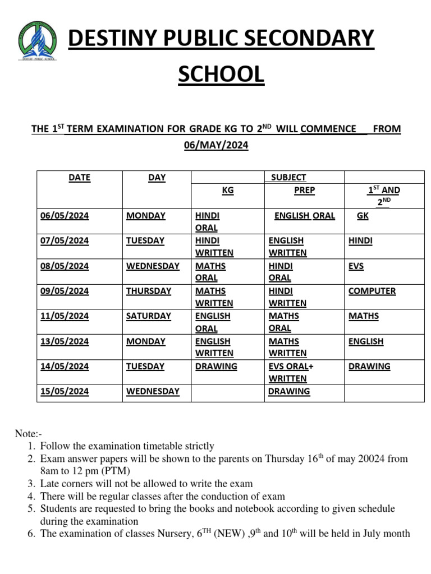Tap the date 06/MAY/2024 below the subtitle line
(216, 145)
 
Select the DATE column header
(79, 178)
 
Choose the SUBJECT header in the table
(288, 178)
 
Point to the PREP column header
(305, 191)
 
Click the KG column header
(228, 191)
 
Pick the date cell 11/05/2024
(65, 316)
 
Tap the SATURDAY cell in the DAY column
(149, 316)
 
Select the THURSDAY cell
(149, 291)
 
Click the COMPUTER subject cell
(372, 291)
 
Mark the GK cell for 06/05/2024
(363, 216)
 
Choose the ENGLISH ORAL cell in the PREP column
(305, 216)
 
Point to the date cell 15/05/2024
(65, 391)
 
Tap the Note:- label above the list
(28, 434)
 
